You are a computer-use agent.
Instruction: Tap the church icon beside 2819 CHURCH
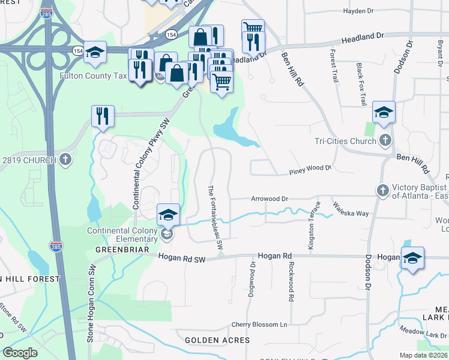click(65, 160)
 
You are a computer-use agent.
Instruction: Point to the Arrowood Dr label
click(270, 198)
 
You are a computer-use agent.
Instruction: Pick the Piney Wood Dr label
click(310, 169)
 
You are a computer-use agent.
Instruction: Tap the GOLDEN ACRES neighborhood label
click(217, 340)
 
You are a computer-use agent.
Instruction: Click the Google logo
click(20, 353)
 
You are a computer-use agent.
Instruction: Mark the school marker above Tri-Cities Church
click(384, 112)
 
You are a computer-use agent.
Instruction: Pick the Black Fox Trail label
click(361, 84)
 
